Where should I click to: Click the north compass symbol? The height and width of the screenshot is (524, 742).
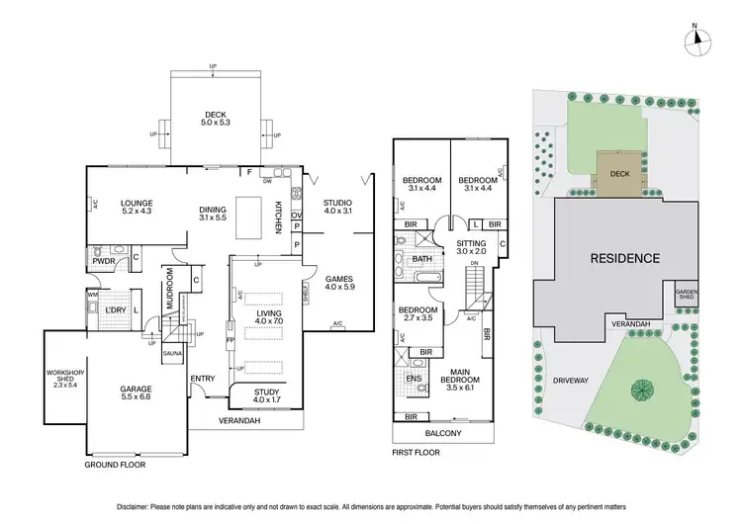(x=700, y=39)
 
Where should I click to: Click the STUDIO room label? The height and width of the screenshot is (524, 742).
(x=338, y=206)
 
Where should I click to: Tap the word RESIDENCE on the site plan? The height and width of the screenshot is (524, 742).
(x=624, y=259)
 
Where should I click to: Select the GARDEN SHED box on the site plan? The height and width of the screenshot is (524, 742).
(x=688, y=294)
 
